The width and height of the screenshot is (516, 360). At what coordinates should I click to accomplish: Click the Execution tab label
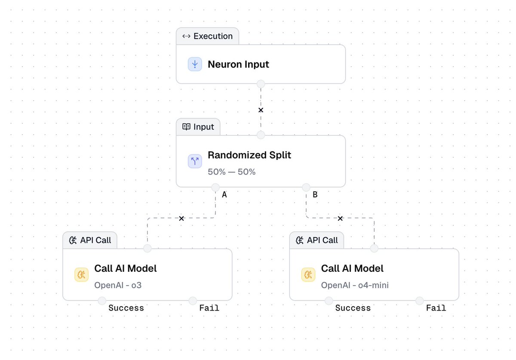[x=212, y=36]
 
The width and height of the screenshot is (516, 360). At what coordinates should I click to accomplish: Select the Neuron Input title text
[x=238, y=65]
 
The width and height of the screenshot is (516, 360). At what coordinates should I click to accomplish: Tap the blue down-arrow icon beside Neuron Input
[x=195, y=65]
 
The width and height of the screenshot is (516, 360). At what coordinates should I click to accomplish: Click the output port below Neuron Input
[x=261, y=83]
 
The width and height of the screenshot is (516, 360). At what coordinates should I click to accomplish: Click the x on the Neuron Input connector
[x=261, y=110]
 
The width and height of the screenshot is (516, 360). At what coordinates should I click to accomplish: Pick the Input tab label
[x=203, y=127]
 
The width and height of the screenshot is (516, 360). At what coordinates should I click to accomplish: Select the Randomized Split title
[x=249, y=155]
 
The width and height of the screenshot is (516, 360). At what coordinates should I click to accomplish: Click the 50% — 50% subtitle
[x=232, y=172]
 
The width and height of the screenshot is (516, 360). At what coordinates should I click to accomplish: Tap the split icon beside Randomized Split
[x=195, y=161]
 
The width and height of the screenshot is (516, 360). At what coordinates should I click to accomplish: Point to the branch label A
[x=224, y=195]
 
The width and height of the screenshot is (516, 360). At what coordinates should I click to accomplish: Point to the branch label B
[x=315, y=195]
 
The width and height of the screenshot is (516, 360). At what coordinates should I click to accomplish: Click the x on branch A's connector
[x=181, y=218]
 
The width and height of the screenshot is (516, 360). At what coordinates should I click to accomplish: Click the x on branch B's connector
[x=340, y=218]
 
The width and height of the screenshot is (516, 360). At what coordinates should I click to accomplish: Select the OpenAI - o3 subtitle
[x=118, y=285]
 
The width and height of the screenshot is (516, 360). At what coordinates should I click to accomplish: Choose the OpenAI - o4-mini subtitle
[x=355, y=285]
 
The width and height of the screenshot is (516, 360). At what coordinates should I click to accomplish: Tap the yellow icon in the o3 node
[x=81, y=274]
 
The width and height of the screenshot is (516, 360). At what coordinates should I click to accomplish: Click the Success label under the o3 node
[x=126, y=308]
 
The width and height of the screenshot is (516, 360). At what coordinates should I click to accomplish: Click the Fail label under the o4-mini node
[x=436, y=308]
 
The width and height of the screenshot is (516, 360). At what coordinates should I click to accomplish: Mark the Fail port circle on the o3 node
[x=193, y=301]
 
